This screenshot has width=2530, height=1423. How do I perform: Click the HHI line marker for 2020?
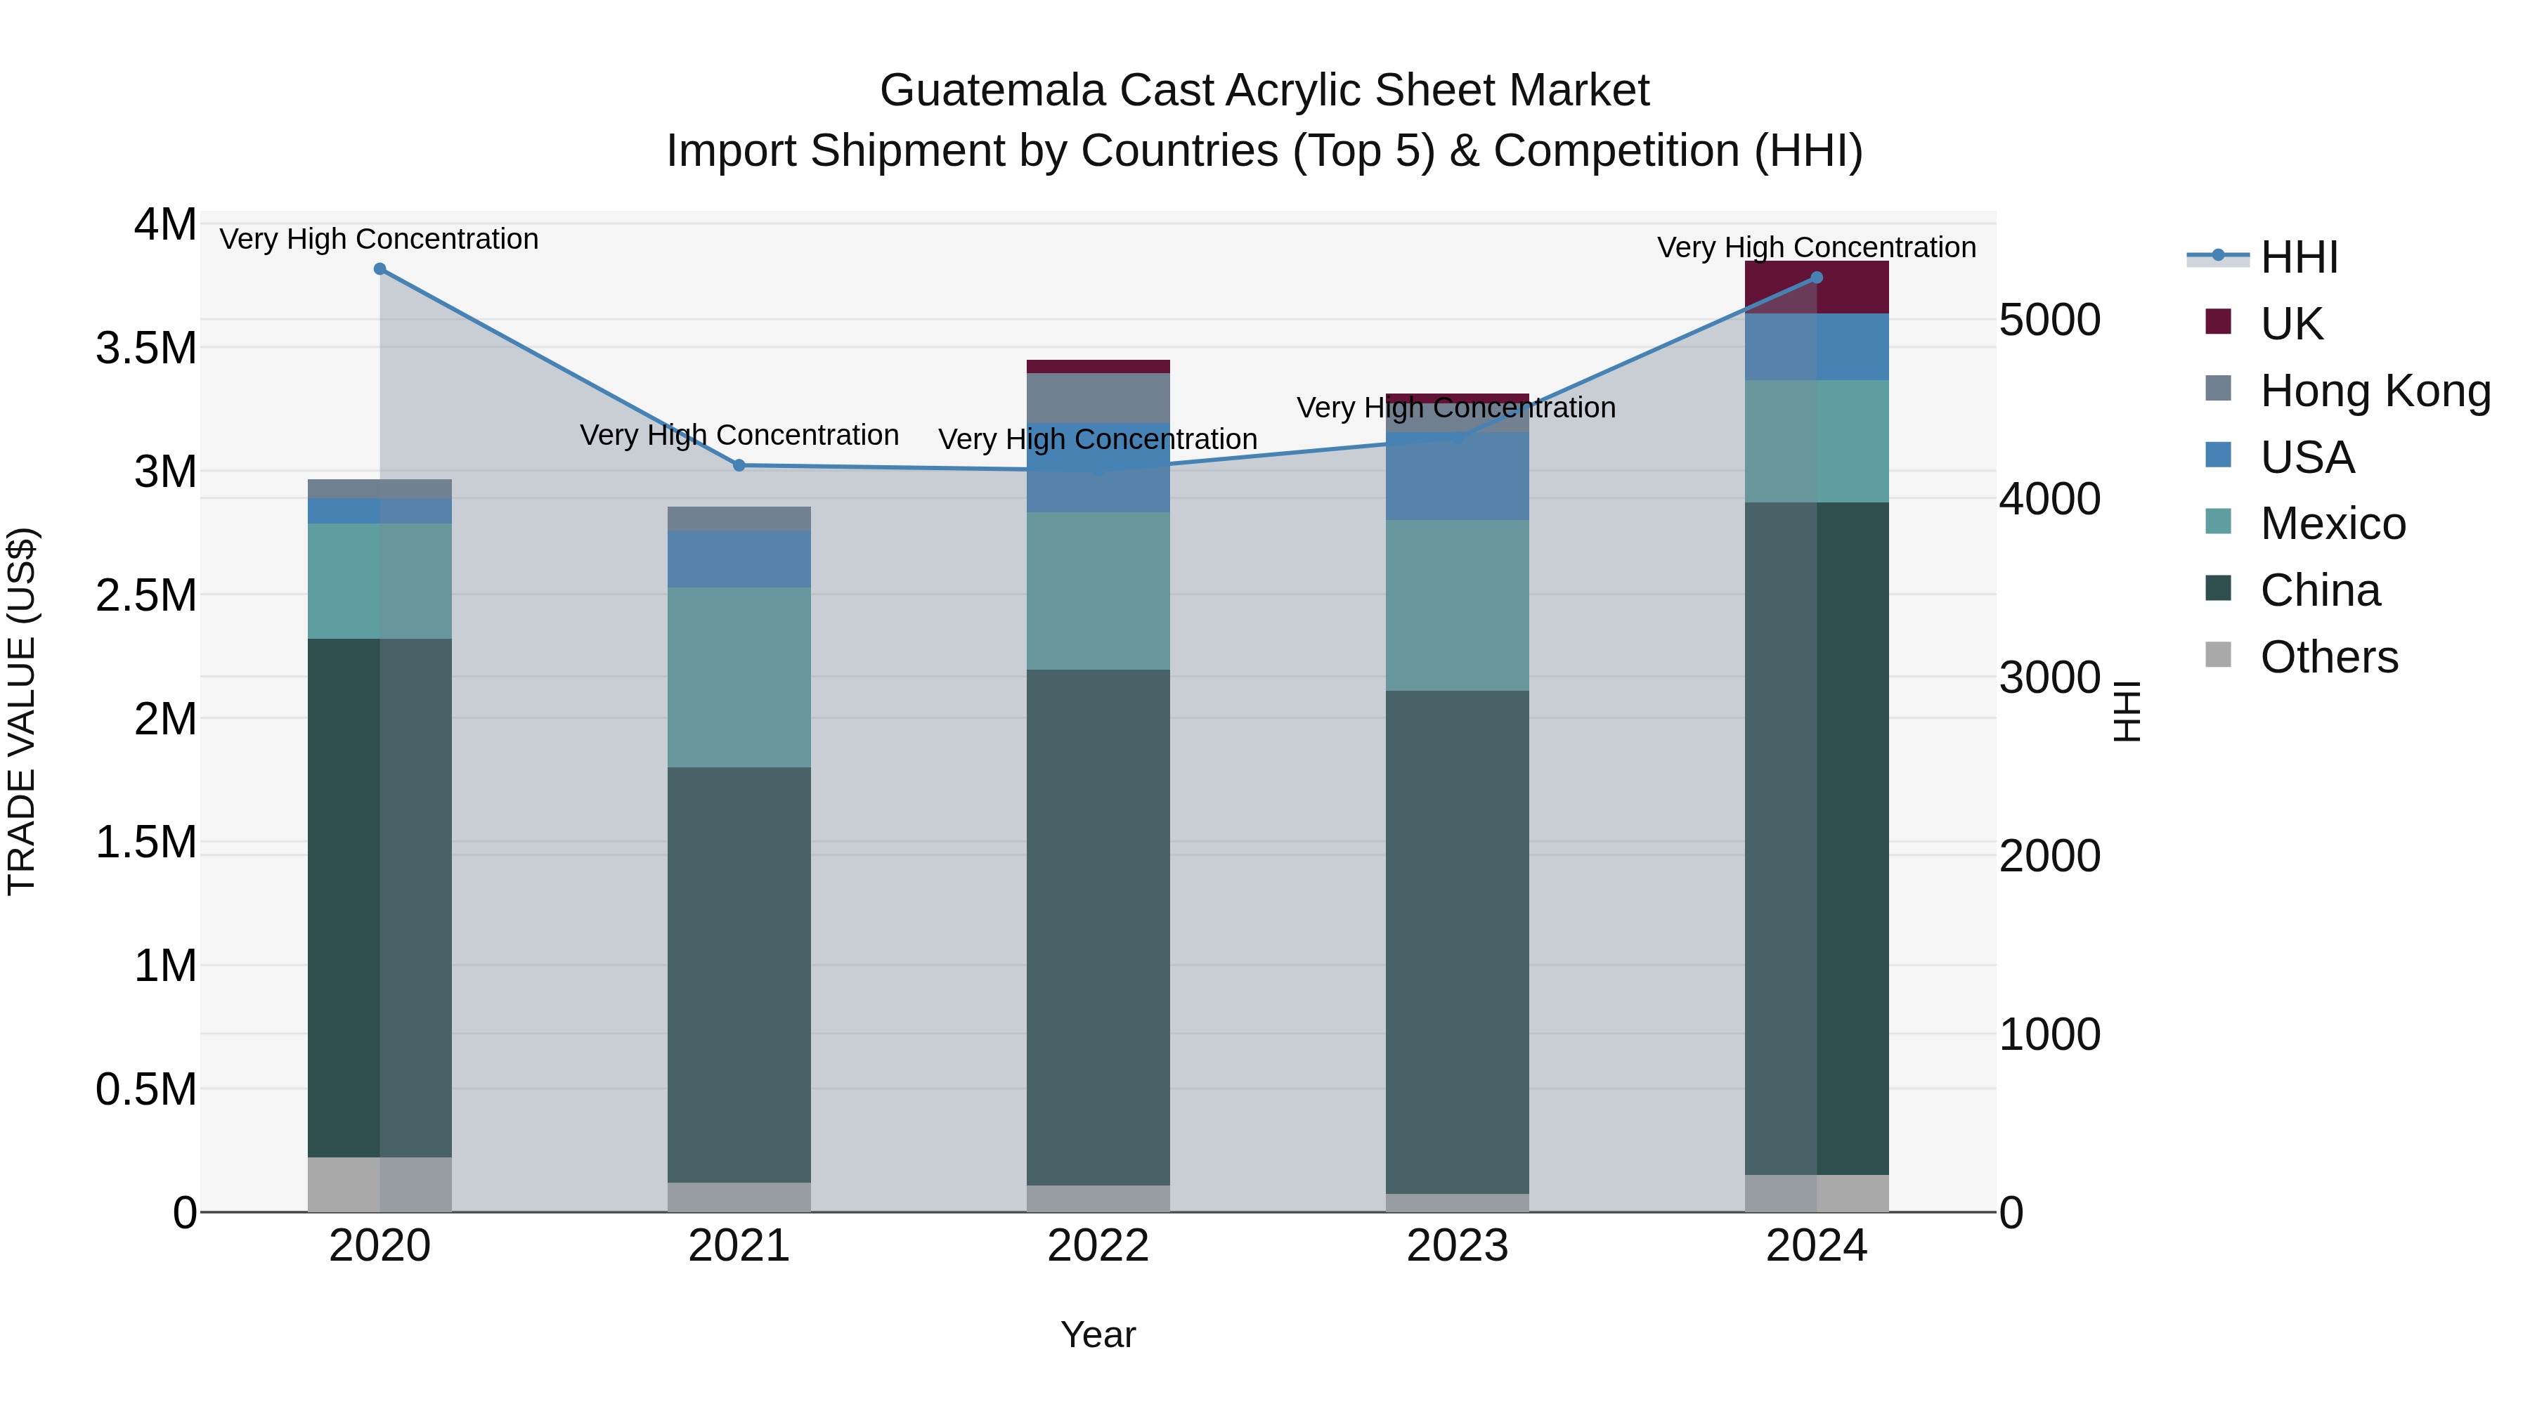tap(380, 269)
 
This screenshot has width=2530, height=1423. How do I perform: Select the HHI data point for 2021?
tap(739, 465)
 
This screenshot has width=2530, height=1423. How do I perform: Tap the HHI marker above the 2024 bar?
tap(1816, 278)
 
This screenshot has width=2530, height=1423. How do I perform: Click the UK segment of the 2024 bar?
tap(1816, 287)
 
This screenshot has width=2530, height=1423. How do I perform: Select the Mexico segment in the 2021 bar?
tap(739, 677)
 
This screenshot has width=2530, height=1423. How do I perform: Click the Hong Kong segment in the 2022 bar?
tap(1098, 398)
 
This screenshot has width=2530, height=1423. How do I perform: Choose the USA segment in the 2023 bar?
tap(1458, 476)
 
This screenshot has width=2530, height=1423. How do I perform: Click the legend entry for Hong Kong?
tap(2374, 391)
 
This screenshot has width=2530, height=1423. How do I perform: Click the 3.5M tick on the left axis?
tap(146, 348)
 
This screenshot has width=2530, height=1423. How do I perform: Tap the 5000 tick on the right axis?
tap(2051, 320)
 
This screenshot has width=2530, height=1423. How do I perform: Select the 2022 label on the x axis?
tap(1098, 1246)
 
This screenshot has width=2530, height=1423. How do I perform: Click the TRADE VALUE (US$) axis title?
tap(22, 711)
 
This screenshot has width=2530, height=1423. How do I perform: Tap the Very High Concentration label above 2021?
tap(739, 435)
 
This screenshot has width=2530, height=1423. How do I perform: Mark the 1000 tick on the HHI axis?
tap(2051, 1034)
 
